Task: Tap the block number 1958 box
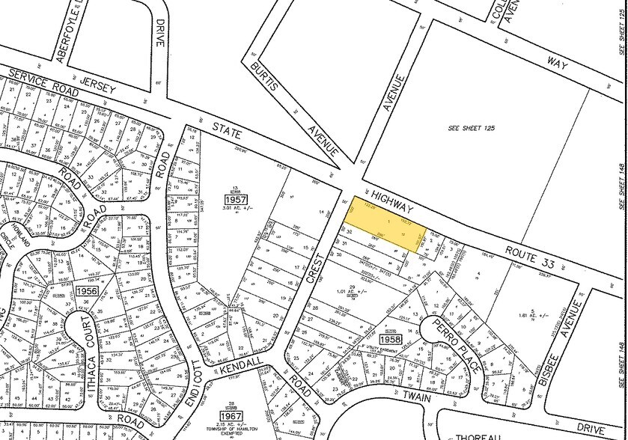[x=391, y=338]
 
